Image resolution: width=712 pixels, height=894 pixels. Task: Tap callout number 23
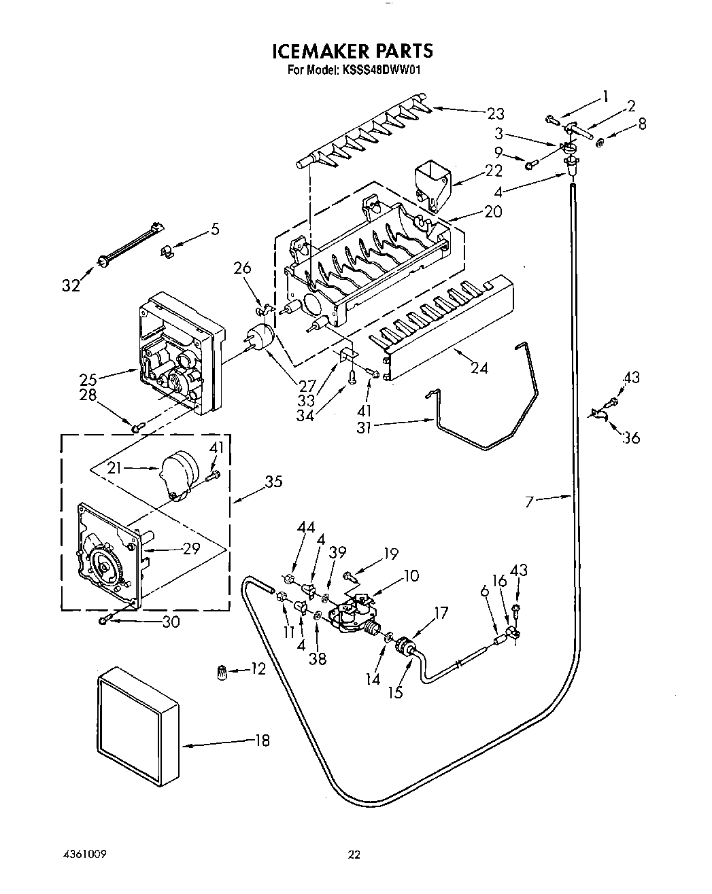(495, 113)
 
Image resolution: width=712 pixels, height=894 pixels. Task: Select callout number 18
(261, 740)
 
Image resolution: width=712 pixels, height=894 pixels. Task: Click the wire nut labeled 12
(222, 673)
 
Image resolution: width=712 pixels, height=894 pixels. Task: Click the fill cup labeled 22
(431, 181)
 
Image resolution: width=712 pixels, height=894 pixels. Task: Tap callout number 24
(479, 368)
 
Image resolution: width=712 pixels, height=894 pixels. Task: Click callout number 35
(273, 482)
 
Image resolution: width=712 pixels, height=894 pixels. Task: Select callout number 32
(71, 285)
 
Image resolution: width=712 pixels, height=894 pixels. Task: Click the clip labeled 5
(165, 253)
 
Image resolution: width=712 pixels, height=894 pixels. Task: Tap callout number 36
(631, 438)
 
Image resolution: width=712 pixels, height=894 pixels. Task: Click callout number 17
(441, 613)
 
